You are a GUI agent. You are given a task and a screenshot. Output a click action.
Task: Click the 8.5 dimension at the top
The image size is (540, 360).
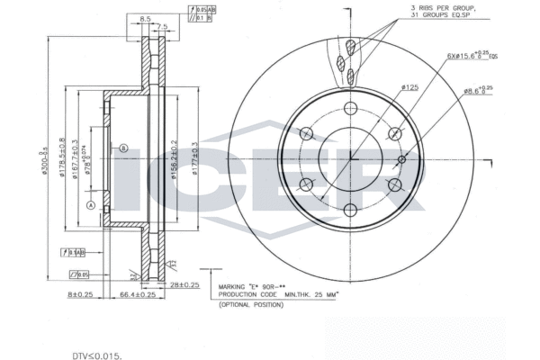click(145, 17)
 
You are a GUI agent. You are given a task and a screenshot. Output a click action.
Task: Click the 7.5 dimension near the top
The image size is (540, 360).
click(163, 26)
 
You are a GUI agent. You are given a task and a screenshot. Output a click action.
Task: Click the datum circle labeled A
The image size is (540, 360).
click(90, 205)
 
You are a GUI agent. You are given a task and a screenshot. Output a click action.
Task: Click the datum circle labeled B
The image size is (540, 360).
click(124, 148)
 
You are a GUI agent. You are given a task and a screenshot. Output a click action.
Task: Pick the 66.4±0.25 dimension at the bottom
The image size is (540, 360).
click(136, 293)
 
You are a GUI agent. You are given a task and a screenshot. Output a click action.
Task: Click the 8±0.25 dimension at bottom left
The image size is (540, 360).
click(80, 293)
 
